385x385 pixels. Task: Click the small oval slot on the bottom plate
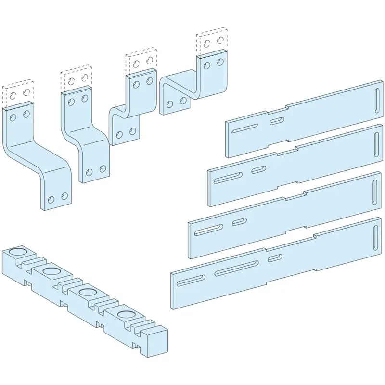click(275, 258)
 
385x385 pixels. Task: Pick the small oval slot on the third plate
click(238, 222)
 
